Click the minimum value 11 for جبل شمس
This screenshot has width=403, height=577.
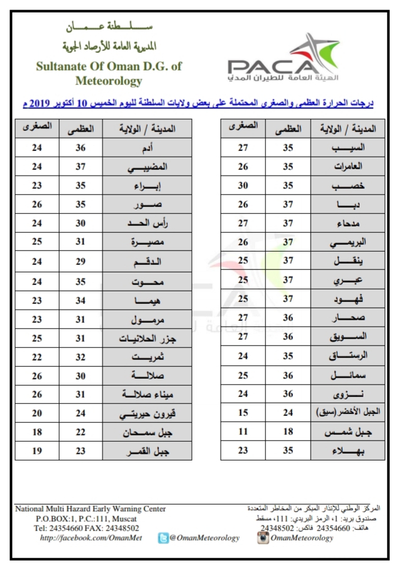(242, 432)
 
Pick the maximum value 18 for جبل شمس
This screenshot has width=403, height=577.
(287, 432)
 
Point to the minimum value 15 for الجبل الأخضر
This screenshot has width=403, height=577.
(242, 413)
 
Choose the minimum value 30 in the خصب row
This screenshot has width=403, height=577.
(242, 186)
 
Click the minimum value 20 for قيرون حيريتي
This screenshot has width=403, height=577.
(36, 413)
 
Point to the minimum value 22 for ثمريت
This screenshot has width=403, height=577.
(36, 357)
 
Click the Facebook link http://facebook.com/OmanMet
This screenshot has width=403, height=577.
(91, 538)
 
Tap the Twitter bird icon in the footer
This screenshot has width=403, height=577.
(162, 538)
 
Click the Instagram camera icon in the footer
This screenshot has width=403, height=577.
(263, 538)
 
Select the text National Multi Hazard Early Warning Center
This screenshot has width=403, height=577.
(91, 509)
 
